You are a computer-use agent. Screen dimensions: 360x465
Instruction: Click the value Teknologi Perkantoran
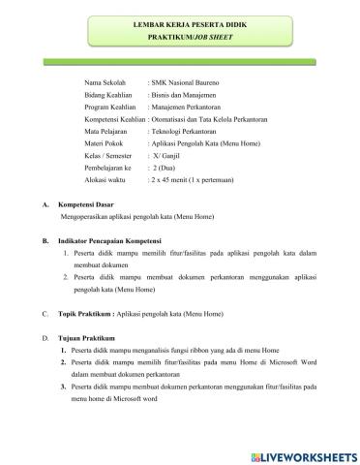188,140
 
